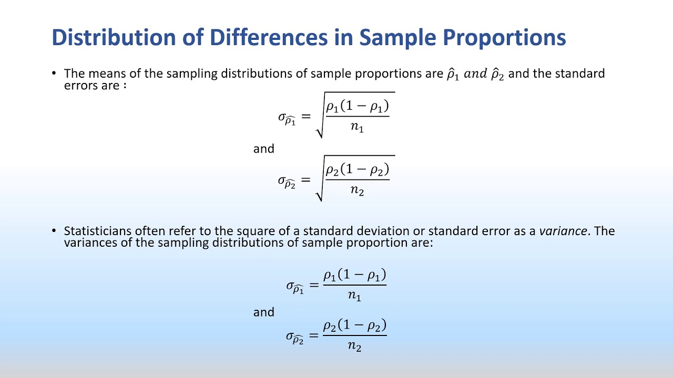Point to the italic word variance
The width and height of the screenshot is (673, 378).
[563, 231]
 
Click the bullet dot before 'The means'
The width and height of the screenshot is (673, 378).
[54, 73]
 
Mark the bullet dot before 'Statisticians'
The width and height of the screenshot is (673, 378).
[54, 231]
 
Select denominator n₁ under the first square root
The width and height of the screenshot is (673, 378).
[357, 128]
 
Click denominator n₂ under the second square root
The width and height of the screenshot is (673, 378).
[357, 191]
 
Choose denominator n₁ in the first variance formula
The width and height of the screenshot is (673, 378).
[354, 296]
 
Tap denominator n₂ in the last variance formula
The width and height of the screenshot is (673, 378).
[354, 346]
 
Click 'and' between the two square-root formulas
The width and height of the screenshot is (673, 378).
[264, 149]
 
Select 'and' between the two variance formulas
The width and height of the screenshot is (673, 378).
[264, 312]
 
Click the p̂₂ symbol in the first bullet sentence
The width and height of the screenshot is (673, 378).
[497, 74]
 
